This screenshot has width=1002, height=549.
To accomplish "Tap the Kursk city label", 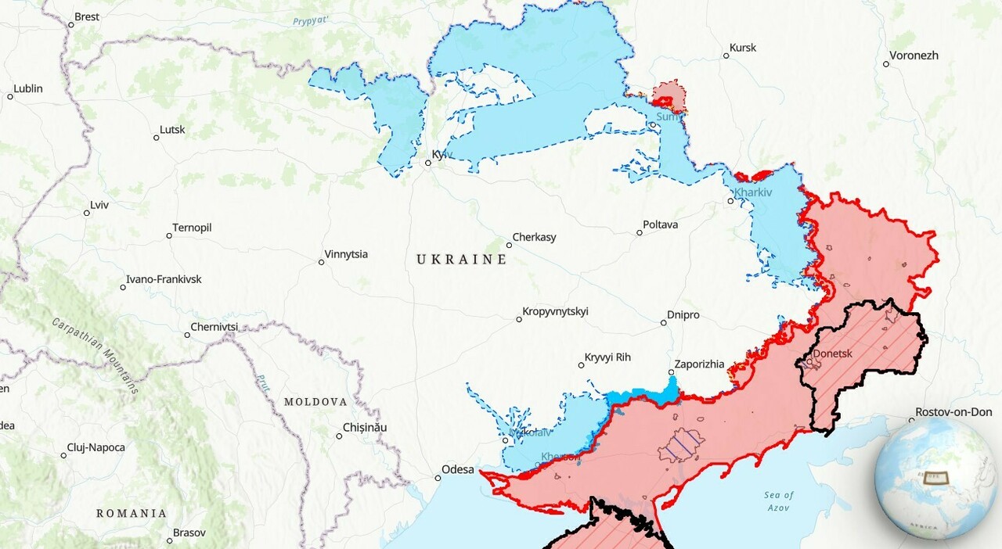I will click(x=742, y=48).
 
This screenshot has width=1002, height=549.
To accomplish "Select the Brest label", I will click(x=86, y=16).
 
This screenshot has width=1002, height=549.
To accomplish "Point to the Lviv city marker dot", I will click(x=87, y=213).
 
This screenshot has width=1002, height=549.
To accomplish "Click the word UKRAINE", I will click(x=461, y=259).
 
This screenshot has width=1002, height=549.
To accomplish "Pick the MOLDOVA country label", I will click(x=315, y=401).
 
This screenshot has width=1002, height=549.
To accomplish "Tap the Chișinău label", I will click(x=365, y=428).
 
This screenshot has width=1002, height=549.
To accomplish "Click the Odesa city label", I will click(x=458, y=469).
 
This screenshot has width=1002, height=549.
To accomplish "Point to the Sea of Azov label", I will click(x=778, y=501).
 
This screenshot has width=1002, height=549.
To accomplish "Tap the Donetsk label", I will click(x=832, y=353).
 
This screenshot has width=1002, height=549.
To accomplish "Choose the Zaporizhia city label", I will click(x=699, y=364).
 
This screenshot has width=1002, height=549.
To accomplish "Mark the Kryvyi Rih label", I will click(x=608, y=357).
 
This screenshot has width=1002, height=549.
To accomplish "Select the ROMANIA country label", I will click(x=132, y=513).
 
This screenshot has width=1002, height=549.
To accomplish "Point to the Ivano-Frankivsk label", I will click(x=164, y=279).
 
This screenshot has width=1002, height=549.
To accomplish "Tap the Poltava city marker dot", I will click(x=639, y=232).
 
